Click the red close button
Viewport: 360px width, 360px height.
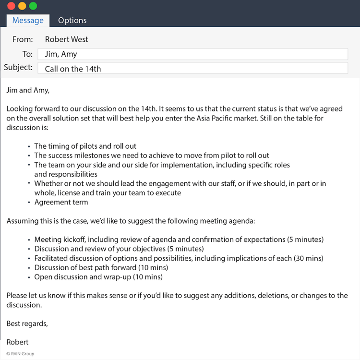click(x=11, y=6)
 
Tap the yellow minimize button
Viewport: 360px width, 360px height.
click(x=22, y=6)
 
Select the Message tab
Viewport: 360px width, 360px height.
click(x=28, y=20)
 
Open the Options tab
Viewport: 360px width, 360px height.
click(x=72, y=20)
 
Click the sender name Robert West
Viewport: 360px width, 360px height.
click(x=67, y=39)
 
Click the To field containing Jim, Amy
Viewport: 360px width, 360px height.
click(x=192, y=54)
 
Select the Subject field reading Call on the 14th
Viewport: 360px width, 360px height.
click(x=192, y=69)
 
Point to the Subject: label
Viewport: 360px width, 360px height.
click(x=18, y=67)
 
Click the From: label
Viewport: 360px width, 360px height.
click(x=23, y=39)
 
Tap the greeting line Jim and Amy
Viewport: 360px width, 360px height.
click(x=28, y=90)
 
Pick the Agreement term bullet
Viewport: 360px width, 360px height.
click(x=61, y=202)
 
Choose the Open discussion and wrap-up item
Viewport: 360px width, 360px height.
click(x=98, y=277)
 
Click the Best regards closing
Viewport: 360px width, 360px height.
click(x=27, y=324)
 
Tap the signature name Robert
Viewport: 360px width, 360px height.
click(x=17, y=342)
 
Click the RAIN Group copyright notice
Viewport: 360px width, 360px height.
click(x=20, y=354)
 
